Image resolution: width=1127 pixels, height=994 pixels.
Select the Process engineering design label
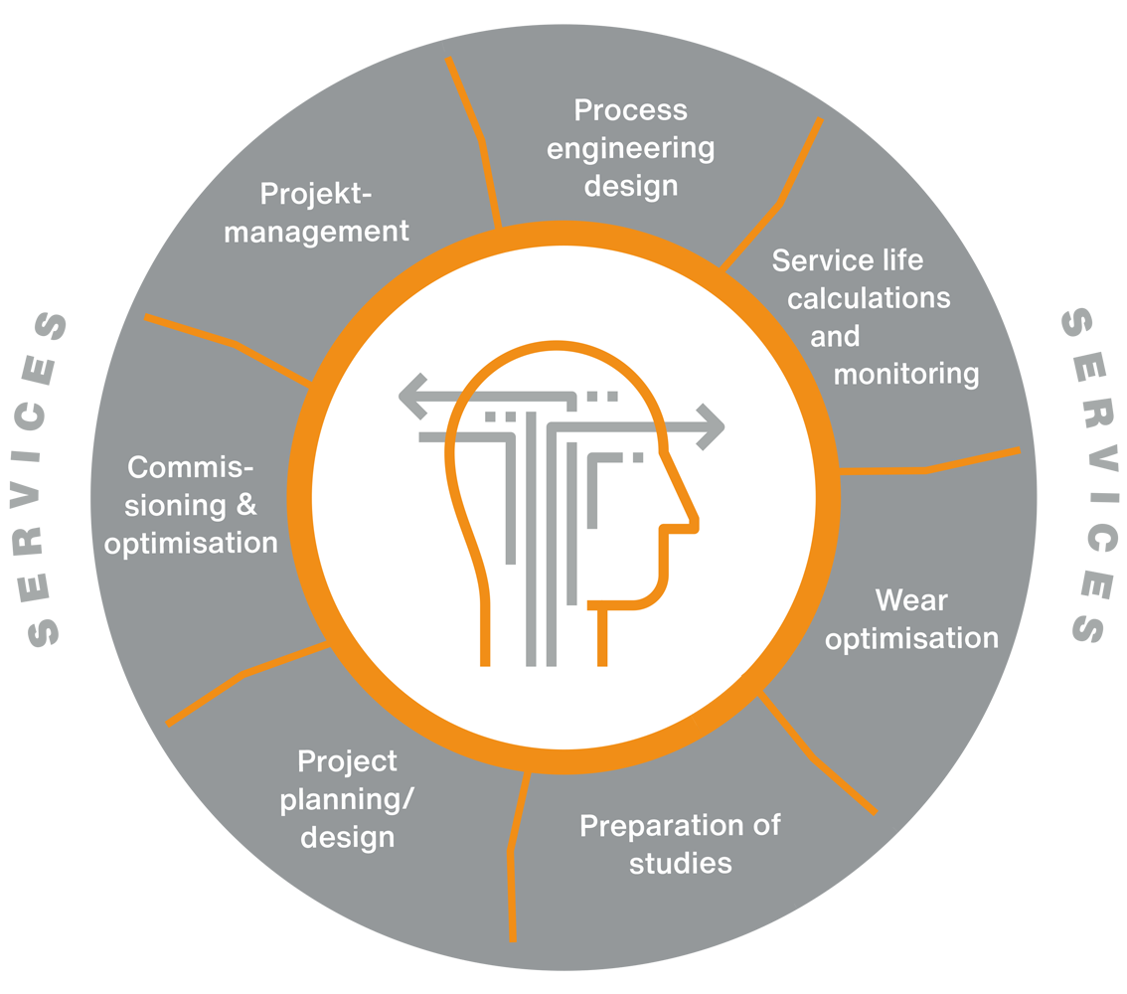coord(631,147)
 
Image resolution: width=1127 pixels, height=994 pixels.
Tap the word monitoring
coord(906,374)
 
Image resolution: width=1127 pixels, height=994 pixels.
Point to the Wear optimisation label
coord(911,619)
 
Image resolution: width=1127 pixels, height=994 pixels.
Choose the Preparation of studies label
coord(681,844)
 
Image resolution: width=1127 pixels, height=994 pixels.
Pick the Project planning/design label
coord(347,799)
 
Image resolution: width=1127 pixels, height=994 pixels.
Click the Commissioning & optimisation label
coord(191,505)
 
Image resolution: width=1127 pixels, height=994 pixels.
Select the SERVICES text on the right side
coord(1084,476)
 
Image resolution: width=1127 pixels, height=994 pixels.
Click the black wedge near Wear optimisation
coord(712,671)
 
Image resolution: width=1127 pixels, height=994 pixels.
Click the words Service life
coord(848,260)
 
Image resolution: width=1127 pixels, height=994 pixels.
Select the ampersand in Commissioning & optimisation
coord(246,505)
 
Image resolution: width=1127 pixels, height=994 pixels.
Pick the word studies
coord(681,863)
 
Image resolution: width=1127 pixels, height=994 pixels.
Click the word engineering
coord(631,148)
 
